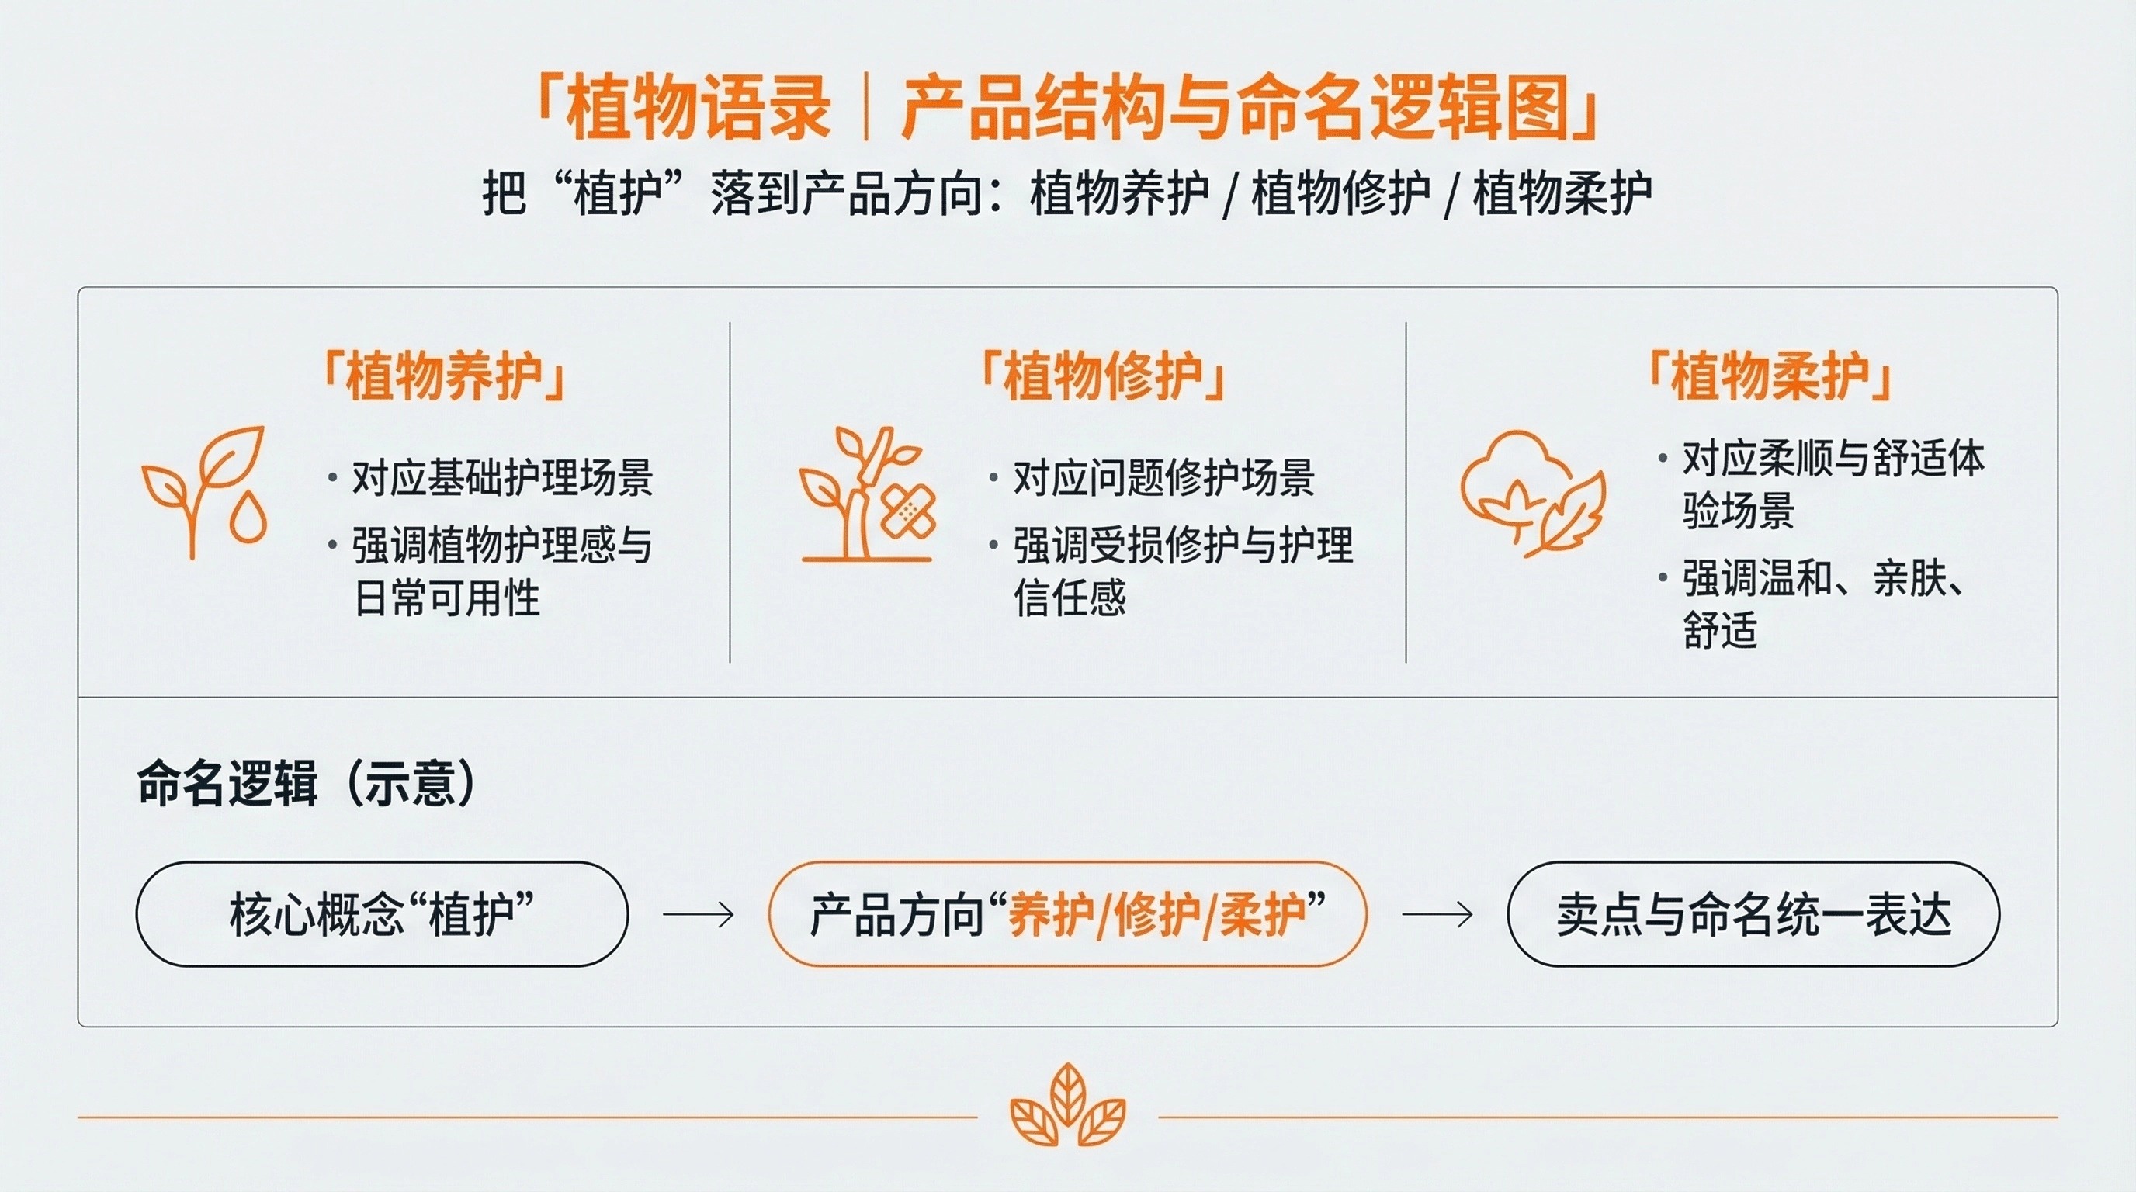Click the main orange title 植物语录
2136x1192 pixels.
point(699,108)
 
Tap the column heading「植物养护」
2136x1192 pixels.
point(445,377)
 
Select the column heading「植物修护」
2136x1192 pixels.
point(1103,376)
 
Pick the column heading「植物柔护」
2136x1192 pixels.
point(1769,376)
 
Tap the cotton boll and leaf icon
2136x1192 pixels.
point(1532,494)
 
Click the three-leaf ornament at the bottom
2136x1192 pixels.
point(1067,1106)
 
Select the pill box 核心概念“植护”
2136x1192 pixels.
point(382,913)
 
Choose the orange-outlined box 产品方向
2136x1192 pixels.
point(1067,913)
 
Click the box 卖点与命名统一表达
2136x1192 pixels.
point(1753,913)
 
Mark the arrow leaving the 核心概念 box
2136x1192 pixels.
point(699,915)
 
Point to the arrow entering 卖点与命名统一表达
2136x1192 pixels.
point(1437,915)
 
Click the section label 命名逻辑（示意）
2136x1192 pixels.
point(307,782)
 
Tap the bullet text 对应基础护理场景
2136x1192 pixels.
point(502,478)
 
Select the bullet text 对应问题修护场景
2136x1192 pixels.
point(1163,478)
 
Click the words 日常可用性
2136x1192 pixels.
point(447,598)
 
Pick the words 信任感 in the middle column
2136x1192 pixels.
point(1070,598)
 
